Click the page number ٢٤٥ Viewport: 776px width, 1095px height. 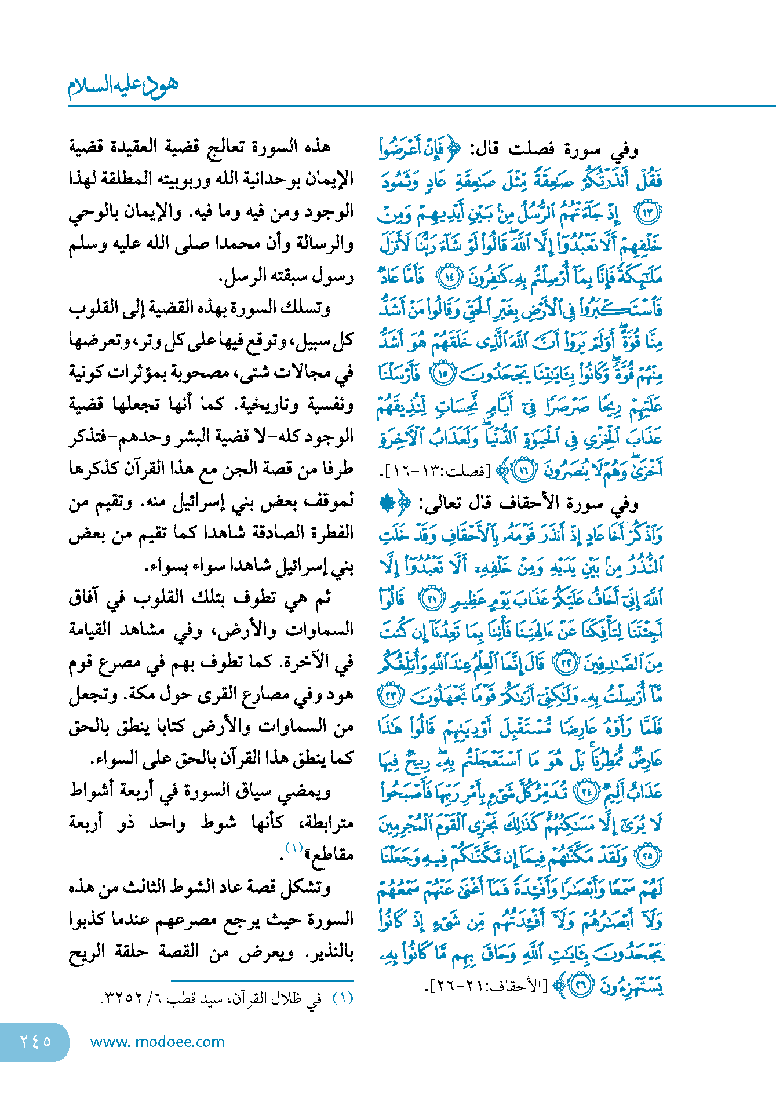point(35,1041)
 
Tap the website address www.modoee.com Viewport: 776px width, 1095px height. point(157,1042)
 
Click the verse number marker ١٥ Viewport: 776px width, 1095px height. point(443,373)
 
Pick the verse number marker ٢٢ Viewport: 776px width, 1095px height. point(564,663)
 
